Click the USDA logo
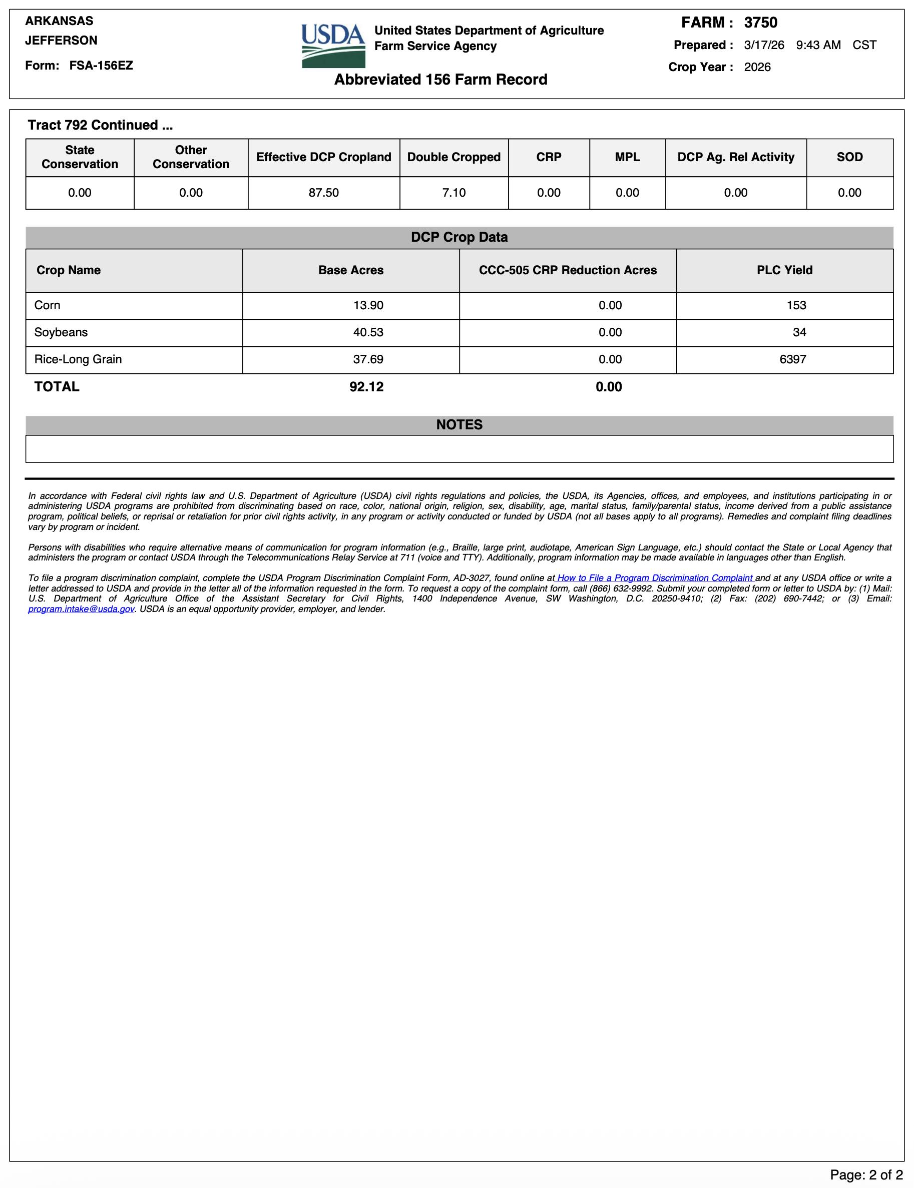click(333, 46)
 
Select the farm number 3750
click(760, 23)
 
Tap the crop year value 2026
click(757, 67)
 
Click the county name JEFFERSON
click(62, 40)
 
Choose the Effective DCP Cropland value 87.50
click(324, 193)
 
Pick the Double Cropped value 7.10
click(453, 193)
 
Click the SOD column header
click(849, 157)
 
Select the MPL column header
click(627, 157)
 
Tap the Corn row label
click(48, 305)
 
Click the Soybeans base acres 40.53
click(368, 332)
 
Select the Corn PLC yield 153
click(796, 305)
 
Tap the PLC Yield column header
click(784, 270)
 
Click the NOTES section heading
click(459, 425)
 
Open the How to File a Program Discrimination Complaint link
click(655, 578)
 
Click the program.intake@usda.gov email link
click(81, 609)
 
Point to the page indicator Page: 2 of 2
click(866, 1174)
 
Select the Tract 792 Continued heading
click(100, 125)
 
